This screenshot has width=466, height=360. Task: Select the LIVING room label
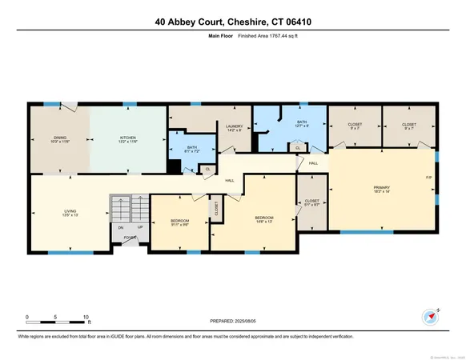[70, 214]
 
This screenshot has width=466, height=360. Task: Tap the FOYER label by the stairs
[129, 237]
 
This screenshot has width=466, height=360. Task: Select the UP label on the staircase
[140, 227]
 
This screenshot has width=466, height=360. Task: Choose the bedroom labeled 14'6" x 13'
[264, 218]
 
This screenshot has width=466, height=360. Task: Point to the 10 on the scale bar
[86, 316]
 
